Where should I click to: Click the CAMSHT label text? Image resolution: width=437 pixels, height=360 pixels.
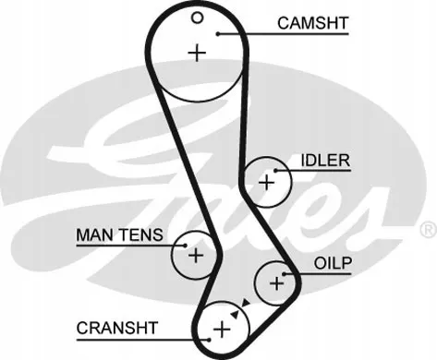coord(313,23)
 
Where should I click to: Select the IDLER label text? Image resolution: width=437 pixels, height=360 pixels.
coord(325,161)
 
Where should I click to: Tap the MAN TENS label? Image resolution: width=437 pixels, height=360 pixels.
coord(119,235)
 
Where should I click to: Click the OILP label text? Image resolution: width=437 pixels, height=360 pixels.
coord(333,263)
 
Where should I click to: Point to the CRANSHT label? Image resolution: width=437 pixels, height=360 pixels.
coord(117,328)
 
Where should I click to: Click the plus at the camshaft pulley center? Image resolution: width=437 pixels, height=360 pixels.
coord(197,54)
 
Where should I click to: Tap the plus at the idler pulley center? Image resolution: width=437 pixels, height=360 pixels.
coord(266,183)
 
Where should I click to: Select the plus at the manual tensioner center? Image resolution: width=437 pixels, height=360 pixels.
coord(196,255)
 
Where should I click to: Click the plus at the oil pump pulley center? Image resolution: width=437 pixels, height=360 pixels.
coord(276,283)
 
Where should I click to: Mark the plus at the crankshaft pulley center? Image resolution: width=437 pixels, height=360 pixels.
coord(222,330)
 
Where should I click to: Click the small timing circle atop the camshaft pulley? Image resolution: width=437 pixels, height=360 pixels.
coord(197,18)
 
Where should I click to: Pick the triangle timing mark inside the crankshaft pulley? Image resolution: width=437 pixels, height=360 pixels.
coord(236,314)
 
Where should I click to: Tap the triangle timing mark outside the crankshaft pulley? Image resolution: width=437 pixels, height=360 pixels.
coord(246,303)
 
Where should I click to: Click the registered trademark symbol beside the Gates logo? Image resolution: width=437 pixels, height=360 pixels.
coord(428,230)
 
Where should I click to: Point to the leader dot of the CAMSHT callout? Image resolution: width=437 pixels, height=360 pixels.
coord(218,34)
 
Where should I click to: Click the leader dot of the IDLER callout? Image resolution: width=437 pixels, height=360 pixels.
coord(275,170)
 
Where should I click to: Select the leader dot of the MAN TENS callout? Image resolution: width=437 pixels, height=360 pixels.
coord(185,246)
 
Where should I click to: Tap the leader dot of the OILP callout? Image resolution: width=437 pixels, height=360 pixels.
coord(284,273)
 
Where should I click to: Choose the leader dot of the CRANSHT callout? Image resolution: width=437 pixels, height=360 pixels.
coord(209,340)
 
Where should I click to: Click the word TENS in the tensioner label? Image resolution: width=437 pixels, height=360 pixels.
coord(141,235)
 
